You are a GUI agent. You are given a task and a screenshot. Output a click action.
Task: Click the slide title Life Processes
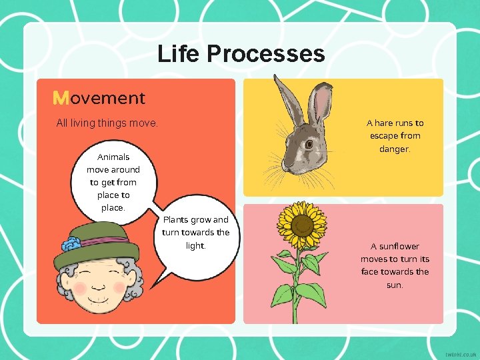pos(241,53)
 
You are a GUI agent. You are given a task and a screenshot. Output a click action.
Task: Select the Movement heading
pos(99,98)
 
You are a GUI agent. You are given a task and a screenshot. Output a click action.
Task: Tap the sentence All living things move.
pos(107,123)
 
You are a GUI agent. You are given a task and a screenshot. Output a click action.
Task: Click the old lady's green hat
pos(97,244)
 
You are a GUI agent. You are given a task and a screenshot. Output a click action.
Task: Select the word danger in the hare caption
pos(395,149)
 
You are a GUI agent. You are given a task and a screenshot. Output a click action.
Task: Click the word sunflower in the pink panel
pos(400,246)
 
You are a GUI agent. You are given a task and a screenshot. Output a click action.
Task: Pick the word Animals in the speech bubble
pos(113,157)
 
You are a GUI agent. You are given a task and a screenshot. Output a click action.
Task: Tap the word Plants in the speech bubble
pos(176,220)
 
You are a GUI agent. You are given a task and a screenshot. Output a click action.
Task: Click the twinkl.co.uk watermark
pos(459,351)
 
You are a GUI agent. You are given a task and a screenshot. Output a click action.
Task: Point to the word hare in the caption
pos(383,123)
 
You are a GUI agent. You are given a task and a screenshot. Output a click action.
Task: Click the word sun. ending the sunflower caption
pos(395,285)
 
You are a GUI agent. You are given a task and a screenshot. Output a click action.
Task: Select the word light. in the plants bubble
pos(196,245)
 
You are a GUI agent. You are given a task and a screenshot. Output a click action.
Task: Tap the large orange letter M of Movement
pos(60,99)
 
